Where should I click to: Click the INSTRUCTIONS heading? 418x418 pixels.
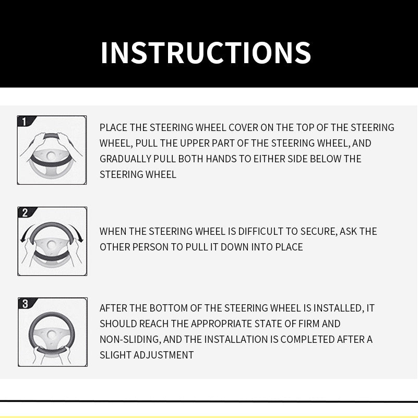tap(206, 53)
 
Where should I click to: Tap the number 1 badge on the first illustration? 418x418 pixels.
tap(24, 122)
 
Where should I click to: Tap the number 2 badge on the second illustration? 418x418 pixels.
tap(25, 213)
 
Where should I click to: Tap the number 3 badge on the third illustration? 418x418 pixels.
tap(26, 304)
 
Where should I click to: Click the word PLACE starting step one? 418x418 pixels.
tap(114, 127)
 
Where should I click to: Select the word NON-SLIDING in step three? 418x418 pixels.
tap(130, 339)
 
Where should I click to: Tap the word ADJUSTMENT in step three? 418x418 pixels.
tap(163, 355)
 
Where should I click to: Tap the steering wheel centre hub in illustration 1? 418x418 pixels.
tap(51, 156)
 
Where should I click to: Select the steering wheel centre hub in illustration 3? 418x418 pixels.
tap(51, 335)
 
